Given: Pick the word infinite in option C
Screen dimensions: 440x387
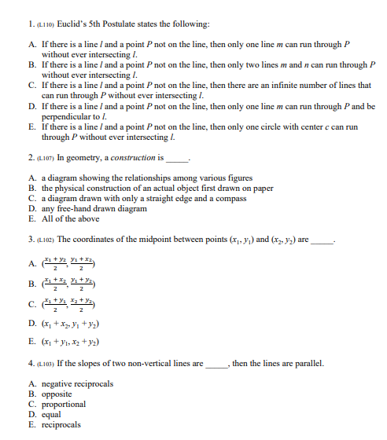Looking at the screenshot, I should click(293, 85).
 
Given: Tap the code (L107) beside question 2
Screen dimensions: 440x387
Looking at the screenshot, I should click(24, 158).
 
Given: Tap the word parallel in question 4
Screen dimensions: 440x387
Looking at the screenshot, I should click(307, 365).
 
